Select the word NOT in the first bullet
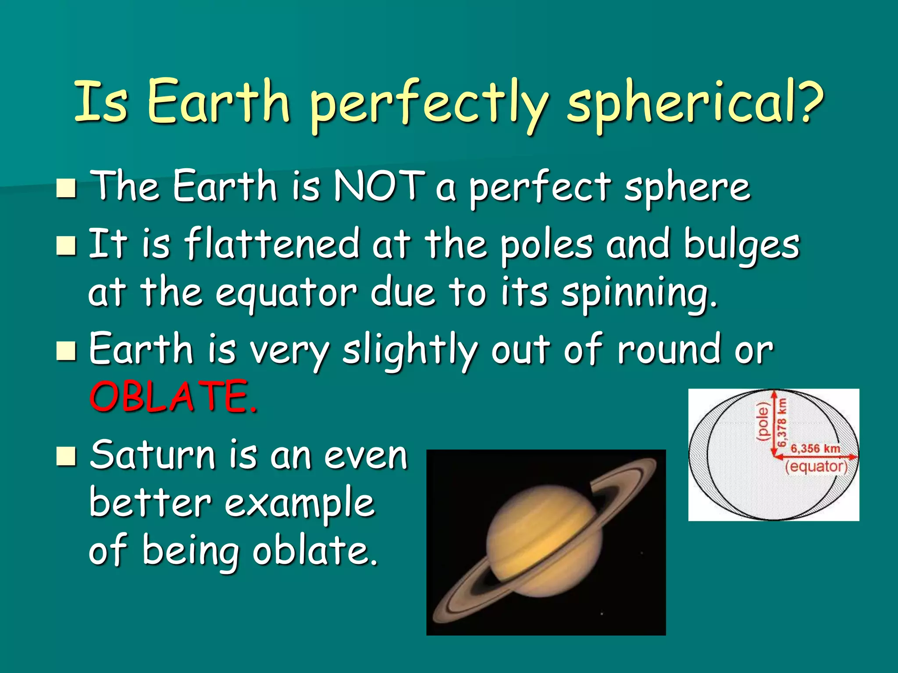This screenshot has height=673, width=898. [379, 186]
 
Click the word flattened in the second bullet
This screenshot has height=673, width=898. [272, 244]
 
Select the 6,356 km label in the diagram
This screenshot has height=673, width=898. [815, 448]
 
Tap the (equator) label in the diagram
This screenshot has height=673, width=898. [816, 466]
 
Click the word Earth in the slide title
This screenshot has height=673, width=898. [219, 103]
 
